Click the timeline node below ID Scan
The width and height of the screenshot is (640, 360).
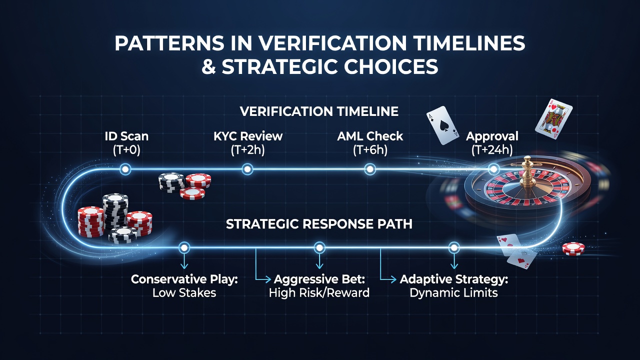point(125,169)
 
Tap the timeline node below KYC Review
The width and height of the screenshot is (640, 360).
point(247,169)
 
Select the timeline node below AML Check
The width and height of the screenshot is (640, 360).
point(370,169)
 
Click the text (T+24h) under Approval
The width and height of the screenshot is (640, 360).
point(492,150)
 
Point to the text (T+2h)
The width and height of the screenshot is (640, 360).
point(247,150)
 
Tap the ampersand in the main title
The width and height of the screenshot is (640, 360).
point(209,67)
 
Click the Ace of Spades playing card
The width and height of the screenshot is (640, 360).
point(443,125)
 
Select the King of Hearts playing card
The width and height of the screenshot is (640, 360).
point(553,119)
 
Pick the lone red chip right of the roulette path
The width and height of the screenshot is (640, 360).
point(573,248)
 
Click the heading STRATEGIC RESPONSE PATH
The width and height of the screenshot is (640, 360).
point(319,224)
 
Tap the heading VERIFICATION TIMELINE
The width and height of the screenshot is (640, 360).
point(319,111)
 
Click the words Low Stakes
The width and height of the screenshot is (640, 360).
point(184,293)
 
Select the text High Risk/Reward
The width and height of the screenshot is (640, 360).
point(319,293)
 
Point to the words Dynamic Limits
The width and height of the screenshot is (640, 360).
point(453,293)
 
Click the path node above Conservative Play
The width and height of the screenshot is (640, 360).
point(184,247)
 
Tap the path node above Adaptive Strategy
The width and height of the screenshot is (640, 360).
point(454,247)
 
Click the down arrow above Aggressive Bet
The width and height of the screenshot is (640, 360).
point(319,261)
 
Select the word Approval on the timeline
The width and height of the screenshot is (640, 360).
point(492,136)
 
